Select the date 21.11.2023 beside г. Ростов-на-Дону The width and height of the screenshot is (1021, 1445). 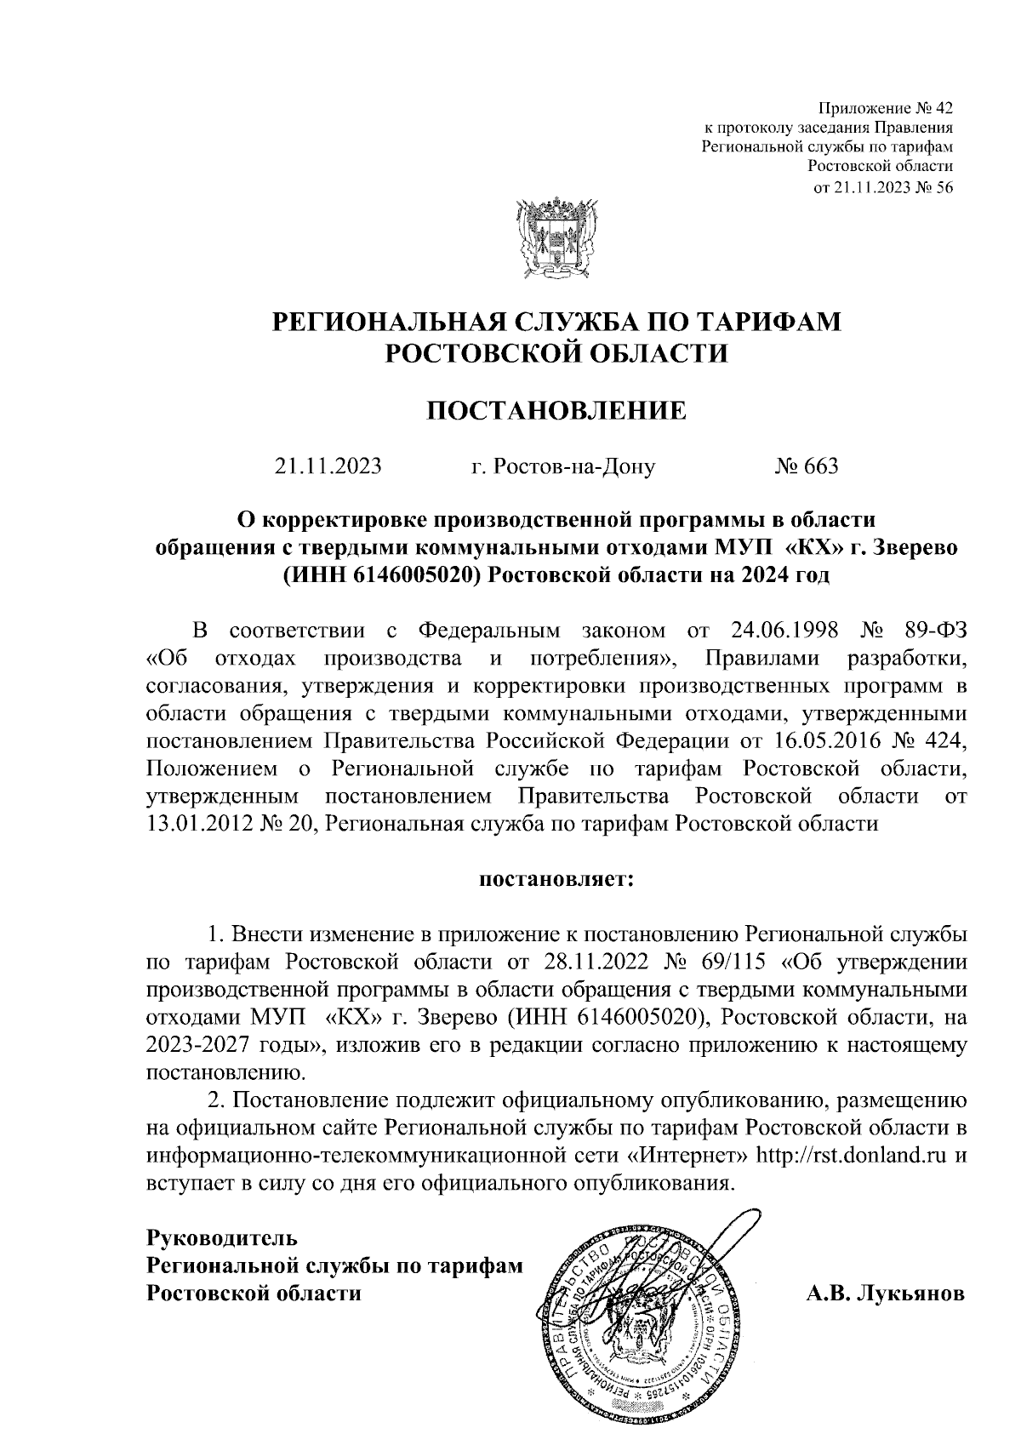click(x=328, y=466)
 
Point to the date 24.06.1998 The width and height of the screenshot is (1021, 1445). click(x=785, y=631)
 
